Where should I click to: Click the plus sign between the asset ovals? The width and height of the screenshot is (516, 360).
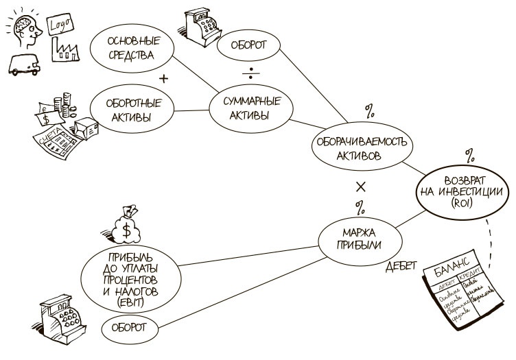click(x=163, y=80)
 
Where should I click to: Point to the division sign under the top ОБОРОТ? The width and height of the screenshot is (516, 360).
click(x=250, y=73)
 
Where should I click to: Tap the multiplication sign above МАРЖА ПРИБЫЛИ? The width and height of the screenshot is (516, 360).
click(x=362, y=187)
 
